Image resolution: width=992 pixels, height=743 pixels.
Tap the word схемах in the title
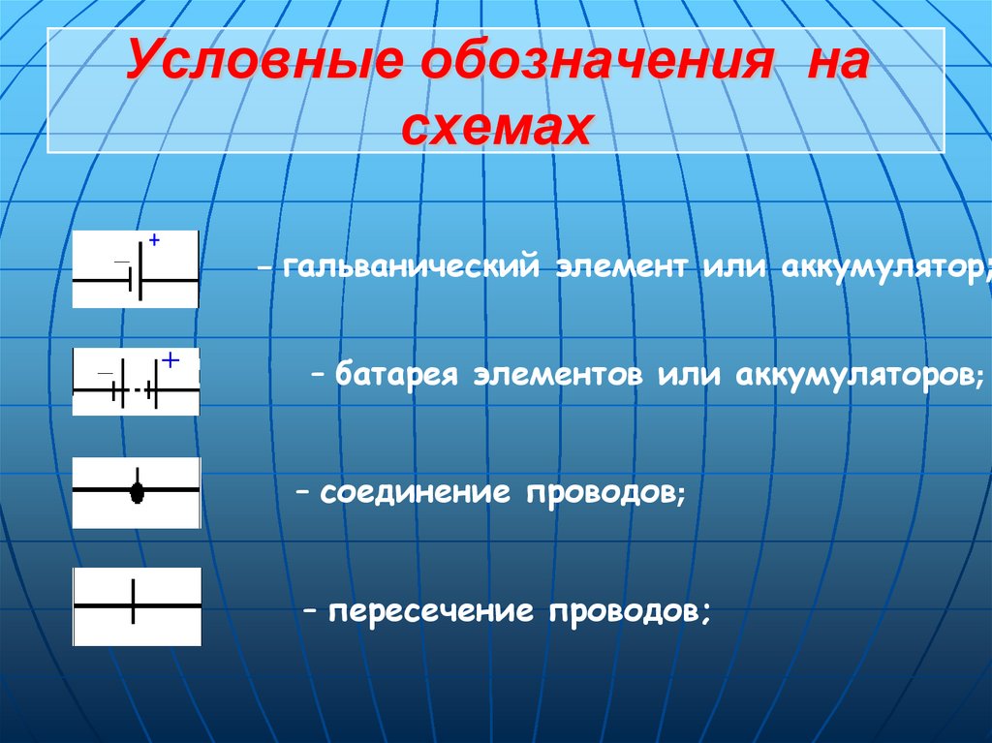point(495,127)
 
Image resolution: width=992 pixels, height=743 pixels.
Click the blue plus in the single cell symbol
point(153,238)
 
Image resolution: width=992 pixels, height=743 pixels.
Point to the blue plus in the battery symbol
point(170,359)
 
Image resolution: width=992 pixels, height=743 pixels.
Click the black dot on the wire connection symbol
point(137,491)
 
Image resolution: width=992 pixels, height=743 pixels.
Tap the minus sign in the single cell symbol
point(120,262)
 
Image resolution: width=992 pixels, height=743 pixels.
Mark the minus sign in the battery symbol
point(105,373)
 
